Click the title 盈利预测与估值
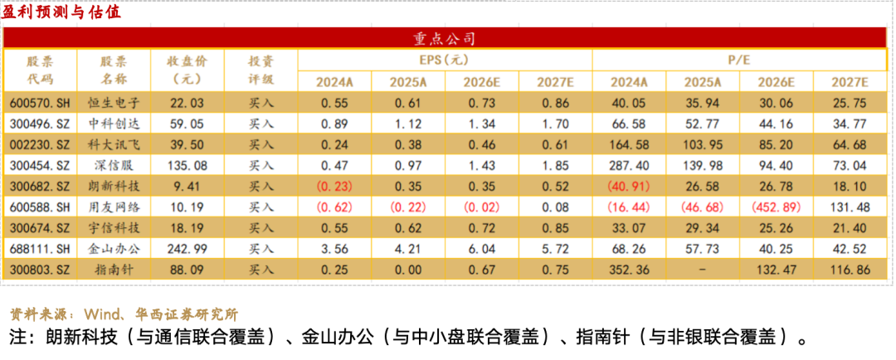coord(61,12)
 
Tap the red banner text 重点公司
coord(445,39)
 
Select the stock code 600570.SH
coord(40,104)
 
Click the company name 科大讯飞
coord(113,144)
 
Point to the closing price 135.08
coord(187,166)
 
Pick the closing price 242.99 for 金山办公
coord(187,249)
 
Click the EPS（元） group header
coord(445,60)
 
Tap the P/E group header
coord(739,60)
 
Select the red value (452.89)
coord(777,207)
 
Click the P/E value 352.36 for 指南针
coord(629,269)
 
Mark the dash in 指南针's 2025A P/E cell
coord(703,269)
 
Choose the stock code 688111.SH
coord(40,249)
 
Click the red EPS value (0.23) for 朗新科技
coord(334,187)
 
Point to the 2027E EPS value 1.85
coord(555,166)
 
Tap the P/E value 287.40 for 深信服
coord(629,166)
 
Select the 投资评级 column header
coord(261,71)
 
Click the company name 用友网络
coord(113,207)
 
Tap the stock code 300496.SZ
coord(40,124)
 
